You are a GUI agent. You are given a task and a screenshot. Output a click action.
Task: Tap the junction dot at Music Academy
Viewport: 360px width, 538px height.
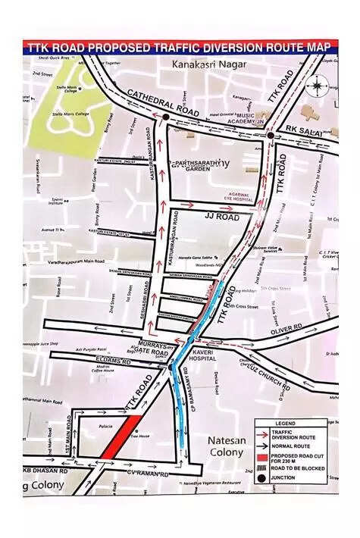pos(270,136)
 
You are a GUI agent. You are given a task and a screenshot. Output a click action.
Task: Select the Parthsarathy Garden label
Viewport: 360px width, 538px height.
pos(201,165)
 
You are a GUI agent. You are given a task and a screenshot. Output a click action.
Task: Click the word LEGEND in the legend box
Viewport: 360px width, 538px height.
pos(295,424)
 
